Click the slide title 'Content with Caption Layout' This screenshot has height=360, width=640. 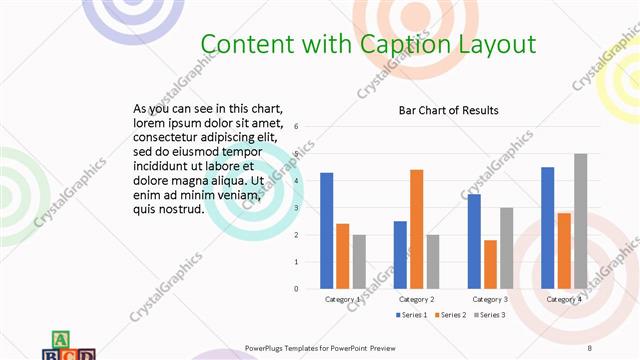click(368, 44)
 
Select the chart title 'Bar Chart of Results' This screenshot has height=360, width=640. click(448, 110)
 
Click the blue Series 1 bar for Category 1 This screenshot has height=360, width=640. click(327, 230)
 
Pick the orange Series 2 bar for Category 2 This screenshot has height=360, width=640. click(416, 229)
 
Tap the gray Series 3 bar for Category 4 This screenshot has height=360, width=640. click(580, 221)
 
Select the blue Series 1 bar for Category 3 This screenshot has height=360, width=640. click(474, 241)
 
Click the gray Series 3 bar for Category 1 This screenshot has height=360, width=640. click(359, 261)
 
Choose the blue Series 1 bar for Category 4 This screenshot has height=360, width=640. click(548, 227)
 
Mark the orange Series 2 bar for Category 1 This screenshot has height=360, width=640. click(343, 256)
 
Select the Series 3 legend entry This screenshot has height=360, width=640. click(488, 315)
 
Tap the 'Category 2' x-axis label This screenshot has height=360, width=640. click(416, 299)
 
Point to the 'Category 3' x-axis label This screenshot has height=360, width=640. click(490, 299)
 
